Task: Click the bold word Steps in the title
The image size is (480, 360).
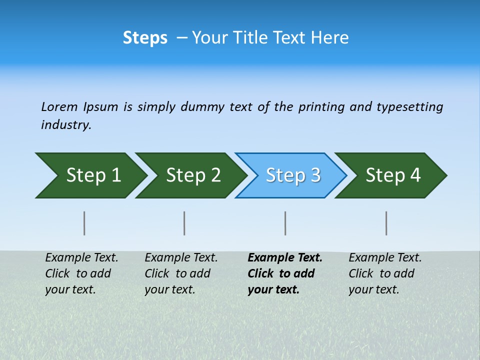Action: point(145,38)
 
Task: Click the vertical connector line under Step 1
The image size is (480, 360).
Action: point(84,223)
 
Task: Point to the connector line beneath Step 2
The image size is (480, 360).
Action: point(184,223)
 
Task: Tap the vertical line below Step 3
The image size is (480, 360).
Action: point(285,223)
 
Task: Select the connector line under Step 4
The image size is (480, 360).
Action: point(386,223)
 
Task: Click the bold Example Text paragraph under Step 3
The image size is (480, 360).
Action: point(284,273)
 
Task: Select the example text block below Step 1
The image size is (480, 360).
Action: point(81,273)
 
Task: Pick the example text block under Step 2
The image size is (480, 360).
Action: point(180,273)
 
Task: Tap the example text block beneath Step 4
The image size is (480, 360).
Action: point(384,273)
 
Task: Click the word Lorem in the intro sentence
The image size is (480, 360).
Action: point(59,106)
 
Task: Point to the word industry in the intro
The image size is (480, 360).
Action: point(65,125)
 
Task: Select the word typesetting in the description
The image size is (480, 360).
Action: point(409,107)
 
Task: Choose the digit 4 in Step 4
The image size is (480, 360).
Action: point(415,175)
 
